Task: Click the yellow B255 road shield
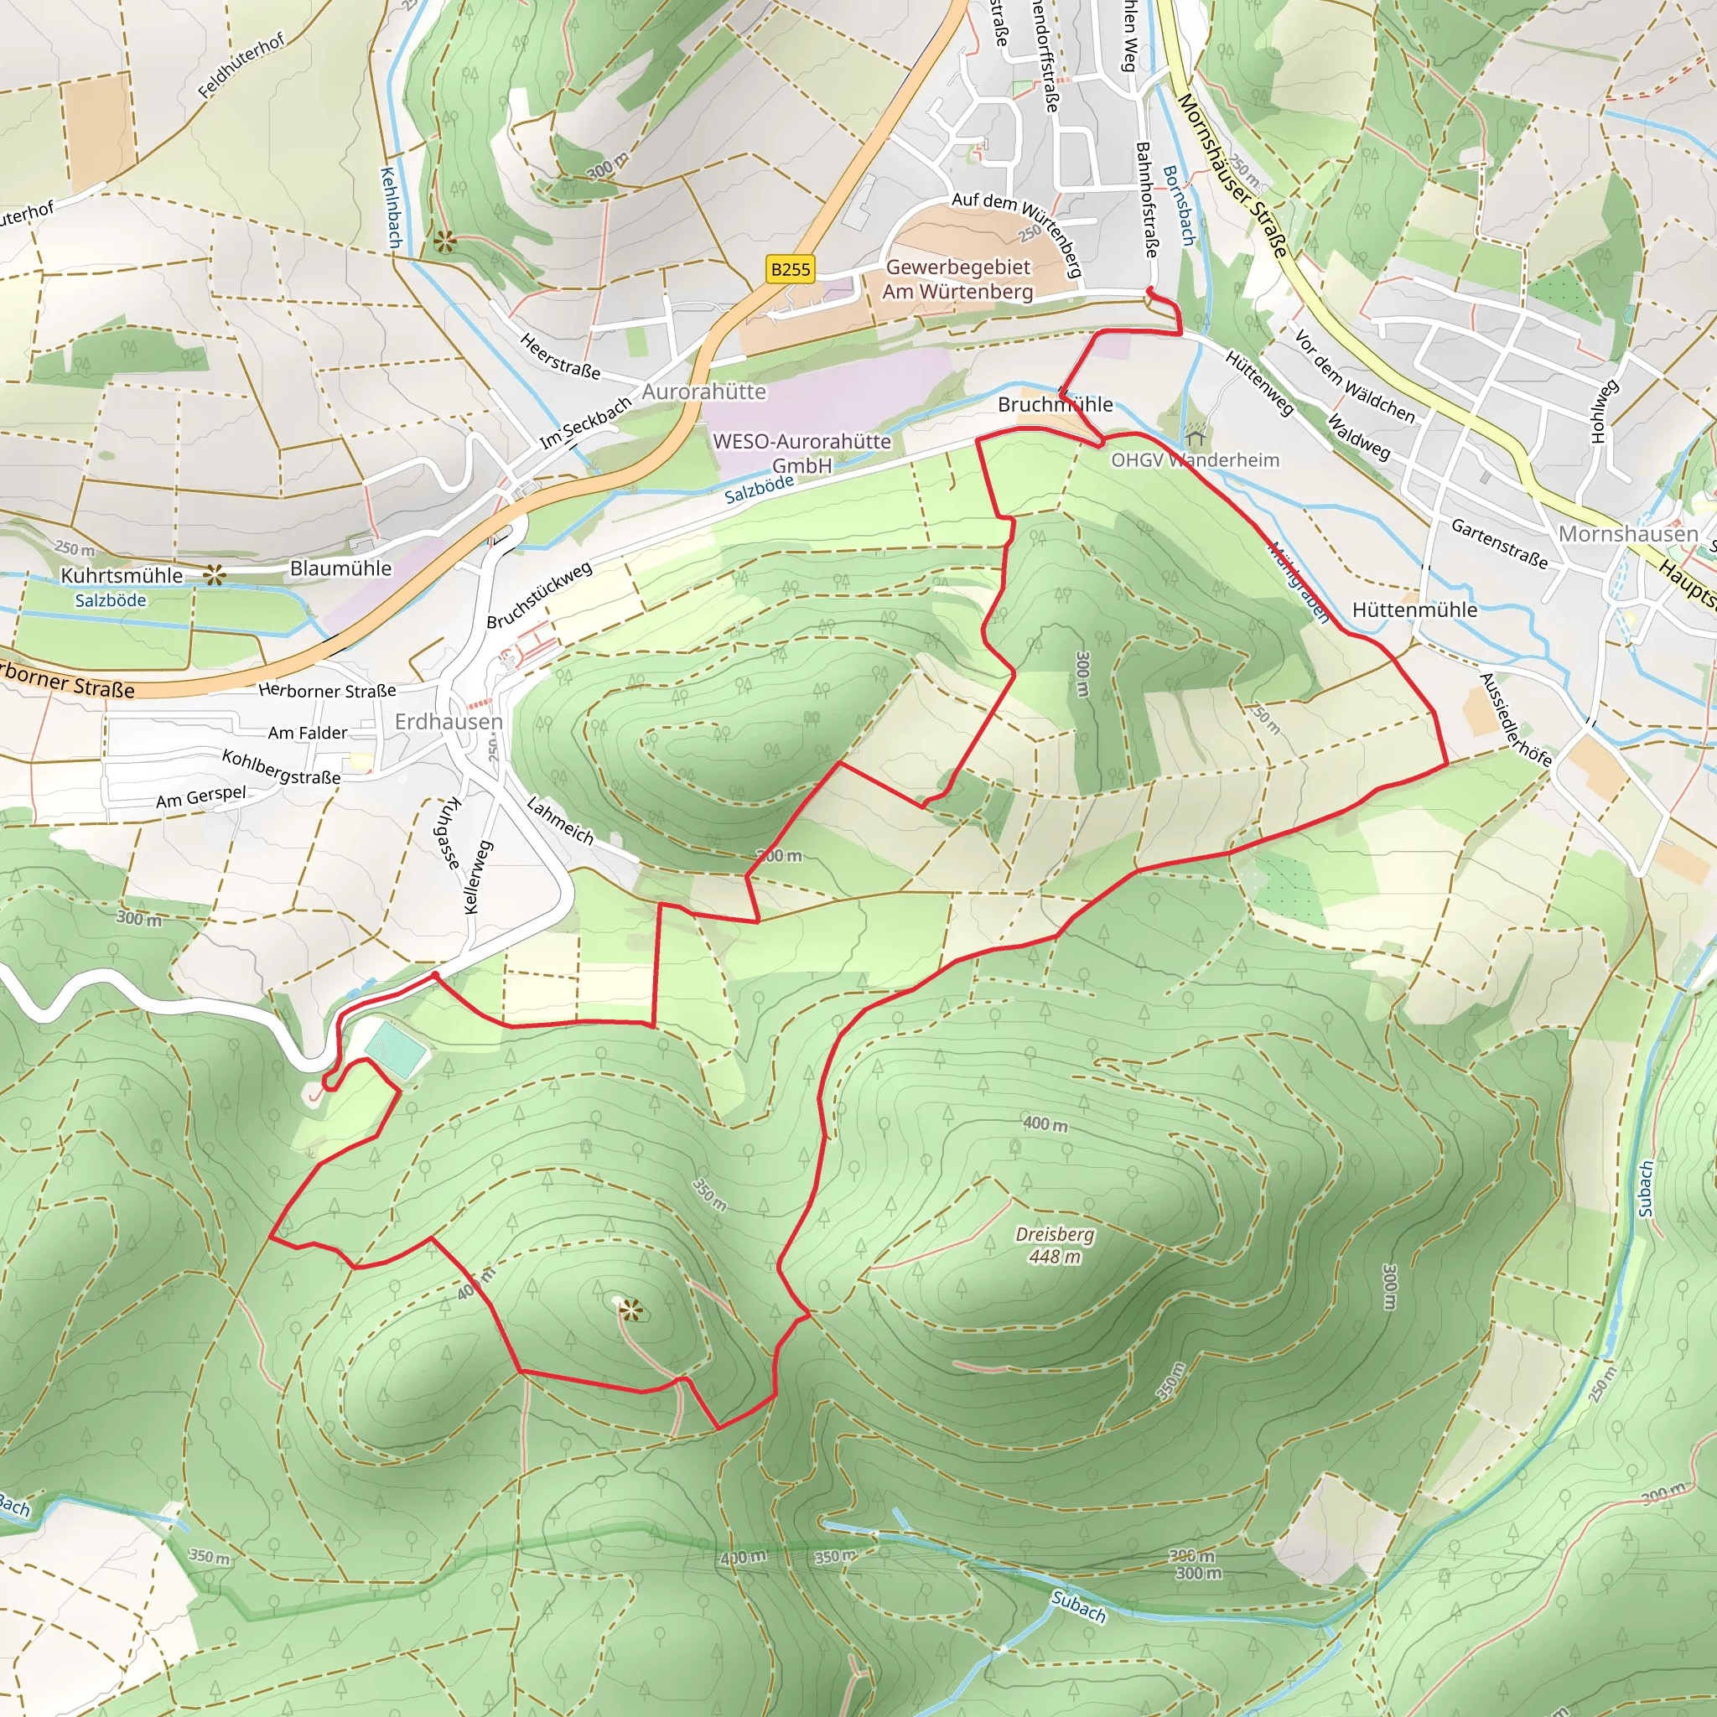[x=790, y=269]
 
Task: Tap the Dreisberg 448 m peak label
[x=1054, y=1245]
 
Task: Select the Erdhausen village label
[x=448, y=722]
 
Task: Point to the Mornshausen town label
[x=1628, y=534]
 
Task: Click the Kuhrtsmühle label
[x=122, y=576]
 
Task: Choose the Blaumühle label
[x=340, y=568]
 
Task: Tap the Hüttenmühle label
[x=1414, y=610]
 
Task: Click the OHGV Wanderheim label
[x=1196, y=460]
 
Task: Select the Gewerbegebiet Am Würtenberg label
[x=958, y=279]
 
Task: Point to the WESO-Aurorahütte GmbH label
[x=801, y=453]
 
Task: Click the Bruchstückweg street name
[x=539, y=595]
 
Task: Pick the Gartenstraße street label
[x=1499, y=543]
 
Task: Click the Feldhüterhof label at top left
[x=241, y=65]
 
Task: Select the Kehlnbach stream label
[x=391, y=207]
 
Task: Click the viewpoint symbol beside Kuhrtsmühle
[x=214, y=575]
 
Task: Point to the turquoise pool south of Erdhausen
[x=397, y=1050]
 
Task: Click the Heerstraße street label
[x=560, y=355]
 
